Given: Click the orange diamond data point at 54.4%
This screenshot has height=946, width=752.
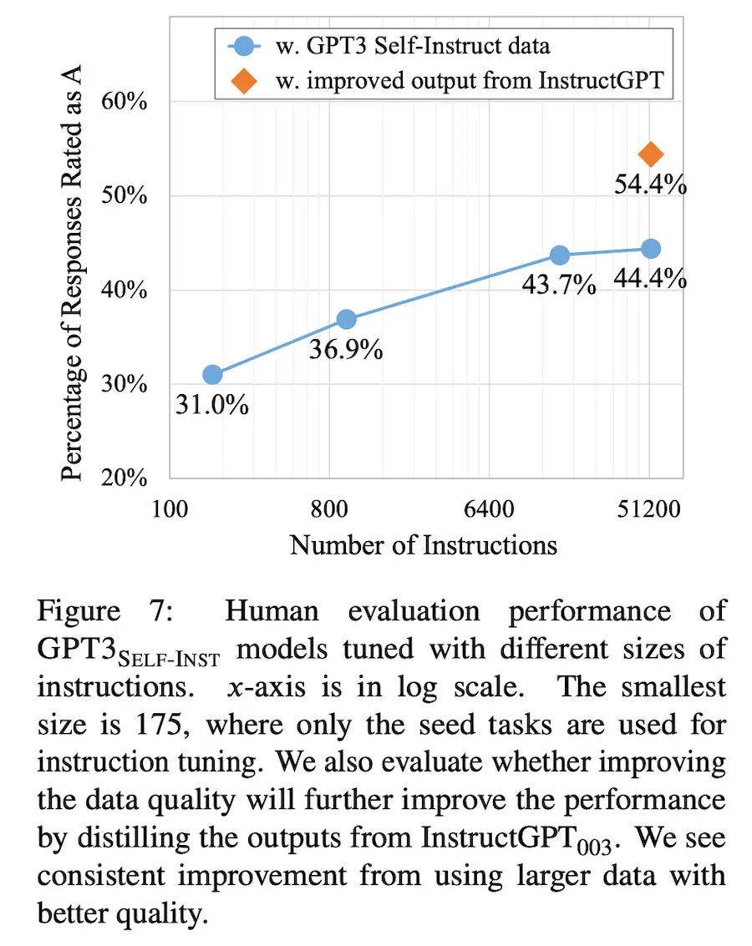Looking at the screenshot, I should pyautogui.click(x=650, y=154).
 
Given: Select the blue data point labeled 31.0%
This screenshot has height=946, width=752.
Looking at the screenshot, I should pyautogui.click(x=212, y=375).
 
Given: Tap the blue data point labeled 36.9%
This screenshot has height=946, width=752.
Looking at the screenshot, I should pyautogui.click(x=346, y=319).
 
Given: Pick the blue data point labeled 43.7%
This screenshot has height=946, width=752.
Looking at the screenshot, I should pyautogui.click(x=559, y=255).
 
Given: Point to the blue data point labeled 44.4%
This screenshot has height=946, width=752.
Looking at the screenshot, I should pyautogui.click(x=650, y=249).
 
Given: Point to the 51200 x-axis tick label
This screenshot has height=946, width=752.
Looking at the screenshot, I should pyautogui.click(x=649, y=508).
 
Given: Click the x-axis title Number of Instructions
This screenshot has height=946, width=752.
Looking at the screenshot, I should pyautogui.click(x=423, y=545).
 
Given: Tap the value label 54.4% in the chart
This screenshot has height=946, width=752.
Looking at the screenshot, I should pyautogui.click(x=650, y=185).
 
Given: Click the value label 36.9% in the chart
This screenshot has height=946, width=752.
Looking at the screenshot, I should pyautogui.click(x=346, y=350).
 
